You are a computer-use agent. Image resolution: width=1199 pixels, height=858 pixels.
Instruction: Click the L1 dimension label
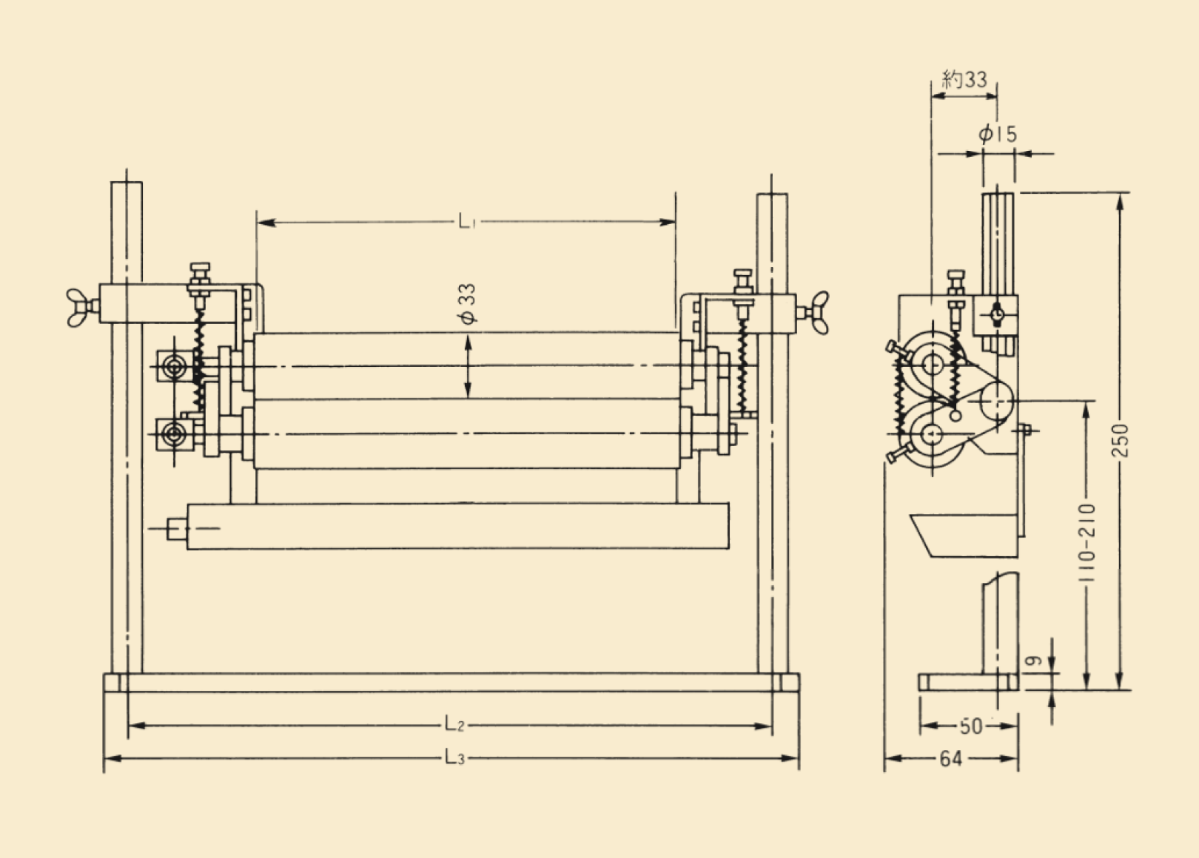pos(466,221)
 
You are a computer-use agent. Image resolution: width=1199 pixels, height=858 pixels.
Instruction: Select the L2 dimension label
pos(454,725)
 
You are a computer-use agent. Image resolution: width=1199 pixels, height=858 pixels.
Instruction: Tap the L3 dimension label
pos(454,757)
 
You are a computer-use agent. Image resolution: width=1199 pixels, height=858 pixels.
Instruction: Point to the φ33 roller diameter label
pos(468,304)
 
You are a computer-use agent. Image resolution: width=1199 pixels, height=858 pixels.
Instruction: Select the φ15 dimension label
pos(997,135)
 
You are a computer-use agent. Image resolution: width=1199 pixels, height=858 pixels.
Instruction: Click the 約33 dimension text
pos(964,79)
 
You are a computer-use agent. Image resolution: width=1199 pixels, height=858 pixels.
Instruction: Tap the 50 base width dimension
pos(970,726)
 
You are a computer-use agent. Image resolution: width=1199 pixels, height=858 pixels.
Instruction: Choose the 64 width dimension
pos(950,758)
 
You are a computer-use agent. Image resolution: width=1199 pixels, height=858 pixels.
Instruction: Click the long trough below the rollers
pos(457,526)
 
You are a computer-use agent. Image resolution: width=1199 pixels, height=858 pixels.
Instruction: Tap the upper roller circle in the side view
pos(933,363)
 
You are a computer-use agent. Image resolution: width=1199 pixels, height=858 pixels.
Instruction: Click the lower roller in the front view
pos(466,433)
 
